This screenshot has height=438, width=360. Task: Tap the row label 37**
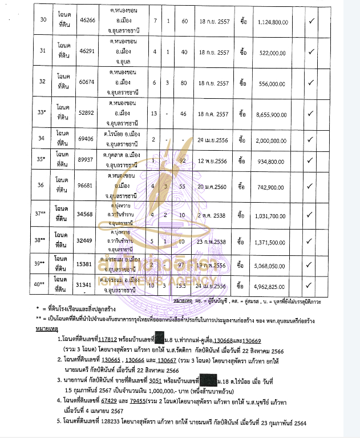(41, 213)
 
